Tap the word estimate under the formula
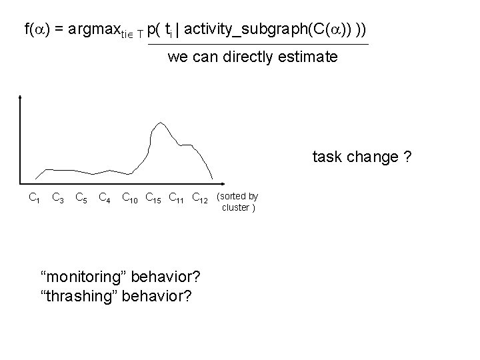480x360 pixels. (310, 57)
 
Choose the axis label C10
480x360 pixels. (130, 197)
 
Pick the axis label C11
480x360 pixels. (177, 197)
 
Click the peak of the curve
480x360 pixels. (159, 123)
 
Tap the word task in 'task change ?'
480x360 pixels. (326, 157)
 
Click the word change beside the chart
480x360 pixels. (371, 157)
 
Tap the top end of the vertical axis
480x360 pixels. (22, 97)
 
